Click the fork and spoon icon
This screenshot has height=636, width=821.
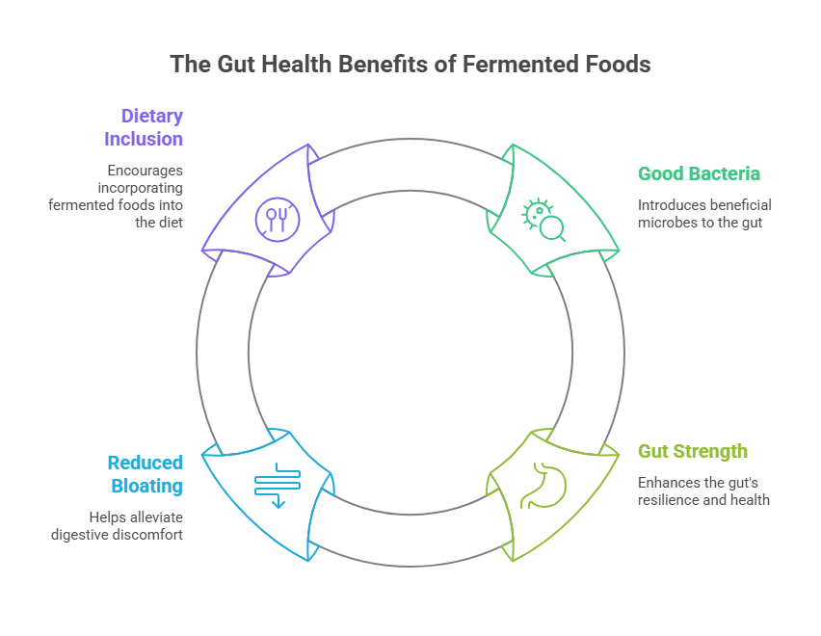coord(278,221)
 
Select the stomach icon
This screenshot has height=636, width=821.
coord(542,486)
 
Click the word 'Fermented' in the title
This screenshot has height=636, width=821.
coord(522,65)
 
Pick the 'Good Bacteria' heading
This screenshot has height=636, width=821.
coord(699,174)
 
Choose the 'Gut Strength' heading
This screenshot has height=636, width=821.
coord(693,452)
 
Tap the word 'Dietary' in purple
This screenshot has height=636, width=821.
coord(151,117)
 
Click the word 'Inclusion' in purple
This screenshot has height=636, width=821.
coord(144,139)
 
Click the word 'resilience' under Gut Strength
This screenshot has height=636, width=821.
coord(669,500)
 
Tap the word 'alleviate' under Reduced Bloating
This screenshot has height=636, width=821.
coord(156,516)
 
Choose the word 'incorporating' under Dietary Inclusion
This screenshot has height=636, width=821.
coord(144,187)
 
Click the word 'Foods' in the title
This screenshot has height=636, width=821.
coord(618,65)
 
